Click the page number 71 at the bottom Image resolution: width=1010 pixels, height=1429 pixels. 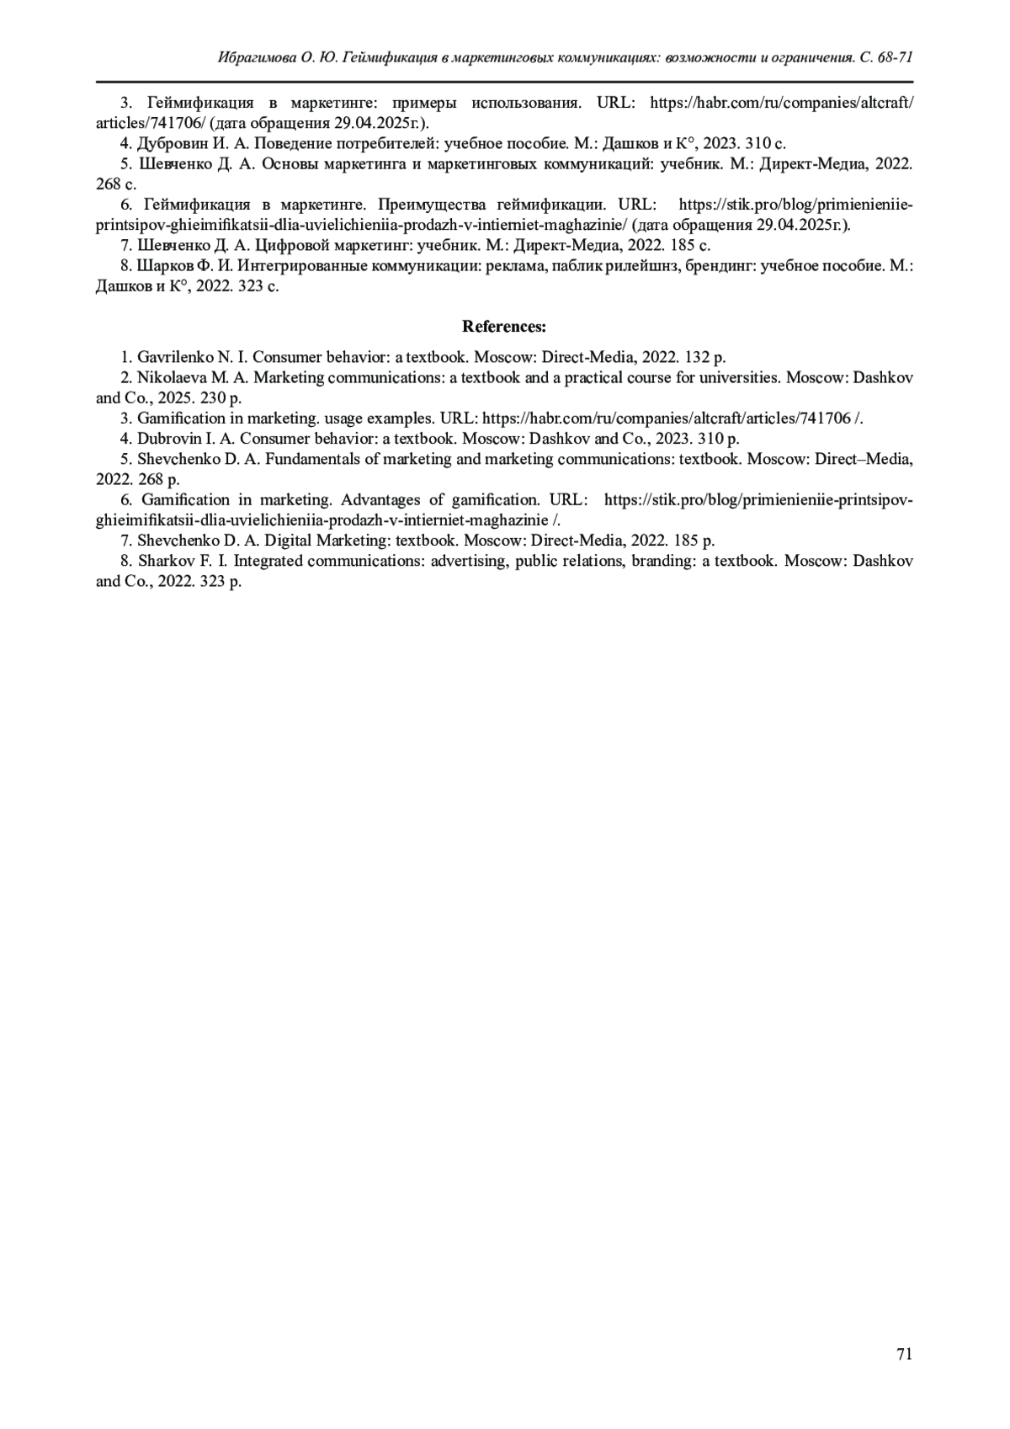click(905, 1354)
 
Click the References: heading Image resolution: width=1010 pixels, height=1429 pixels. click(504, 326)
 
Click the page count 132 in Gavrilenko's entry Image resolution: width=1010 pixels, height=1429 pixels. click(696, 357)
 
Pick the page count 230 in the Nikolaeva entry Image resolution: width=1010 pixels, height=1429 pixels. click(214, 397)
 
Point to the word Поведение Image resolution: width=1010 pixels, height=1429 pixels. click(288, 143)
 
